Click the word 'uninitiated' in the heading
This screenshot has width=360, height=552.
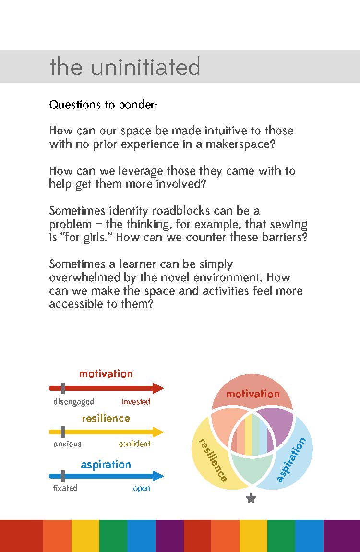click(145, 67)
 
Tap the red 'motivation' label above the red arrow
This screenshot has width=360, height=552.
click(106, 374)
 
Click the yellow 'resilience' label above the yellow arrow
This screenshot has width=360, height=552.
click(106, 419)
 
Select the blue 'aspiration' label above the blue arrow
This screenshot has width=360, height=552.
click(106, 465)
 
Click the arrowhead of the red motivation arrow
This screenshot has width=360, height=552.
click(158, 388)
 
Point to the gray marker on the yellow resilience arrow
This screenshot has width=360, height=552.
click(63, 432)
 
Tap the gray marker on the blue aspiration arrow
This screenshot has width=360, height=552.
click(63, 476)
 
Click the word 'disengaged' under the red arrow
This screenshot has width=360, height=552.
click(73, 402)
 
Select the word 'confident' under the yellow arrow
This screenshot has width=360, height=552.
click(135, 444)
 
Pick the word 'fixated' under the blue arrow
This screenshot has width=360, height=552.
click(65, 488)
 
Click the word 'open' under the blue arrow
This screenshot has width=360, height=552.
click(142, 489)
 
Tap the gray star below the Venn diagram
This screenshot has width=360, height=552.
click(251, 499)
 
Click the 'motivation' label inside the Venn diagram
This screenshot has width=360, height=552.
click(253, 394)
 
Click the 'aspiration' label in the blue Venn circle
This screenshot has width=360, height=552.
click(291, 459)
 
